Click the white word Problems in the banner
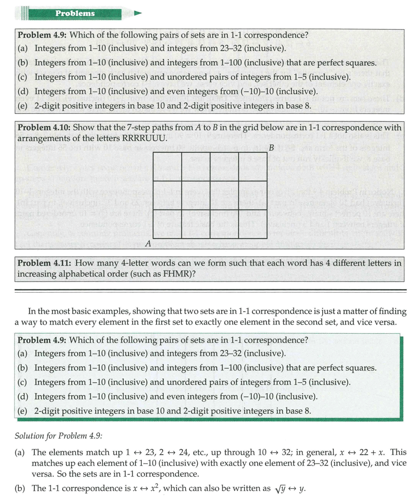click(75, 13)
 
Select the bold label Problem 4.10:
click(43, 127)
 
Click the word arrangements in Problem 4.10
click(42, 139)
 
